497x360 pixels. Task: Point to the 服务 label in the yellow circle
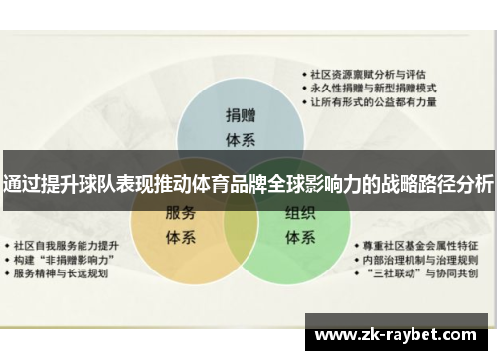point(180,213)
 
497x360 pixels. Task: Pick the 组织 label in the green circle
point(300,213)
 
